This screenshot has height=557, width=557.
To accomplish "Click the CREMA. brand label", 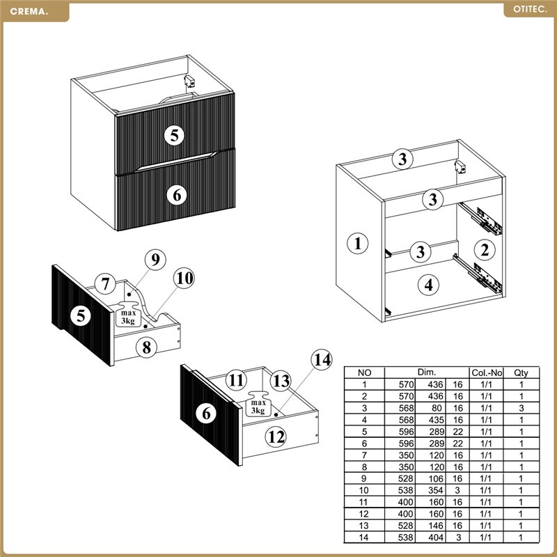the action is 29,11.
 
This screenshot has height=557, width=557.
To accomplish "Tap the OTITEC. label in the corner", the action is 530,10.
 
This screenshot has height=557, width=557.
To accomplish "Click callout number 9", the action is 155,260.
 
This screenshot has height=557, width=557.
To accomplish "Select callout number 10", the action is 184,278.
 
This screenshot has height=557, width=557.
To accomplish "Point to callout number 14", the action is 322,360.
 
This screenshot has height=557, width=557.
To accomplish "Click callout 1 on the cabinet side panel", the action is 357,243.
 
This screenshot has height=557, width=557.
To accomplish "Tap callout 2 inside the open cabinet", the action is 485,250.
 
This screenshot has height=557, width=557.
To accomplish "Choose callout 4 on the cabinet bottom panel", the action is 428,285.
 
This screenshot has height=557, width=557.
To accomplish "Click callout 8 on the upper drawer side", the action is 146,347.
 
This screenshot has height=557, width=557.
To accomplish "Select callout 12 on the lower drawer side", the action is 276,437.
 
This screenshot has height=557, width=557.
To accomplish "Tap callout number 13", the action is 281,381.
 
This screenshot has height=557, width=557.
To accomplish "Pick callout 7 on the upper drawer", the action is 105,284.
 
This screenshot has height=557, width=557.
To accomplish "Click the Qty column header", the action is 521,372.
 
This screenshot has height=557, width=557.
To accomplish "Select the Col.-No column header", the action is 487,372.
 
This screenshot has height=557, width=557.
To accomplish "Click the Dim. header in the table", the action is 426,372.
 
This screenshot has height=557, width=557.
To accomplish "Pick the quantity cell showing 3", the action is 521,408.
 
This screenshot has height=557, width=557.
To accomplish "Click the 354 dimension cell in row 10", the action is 436,490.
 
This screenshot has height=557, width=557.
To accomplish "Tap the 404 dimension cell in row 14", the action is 436,538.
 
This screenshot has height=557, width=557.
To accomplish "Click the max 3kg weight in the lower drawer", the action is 258,404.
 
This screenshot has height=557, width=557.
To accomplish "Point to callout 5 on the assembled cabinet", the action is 175,135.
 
